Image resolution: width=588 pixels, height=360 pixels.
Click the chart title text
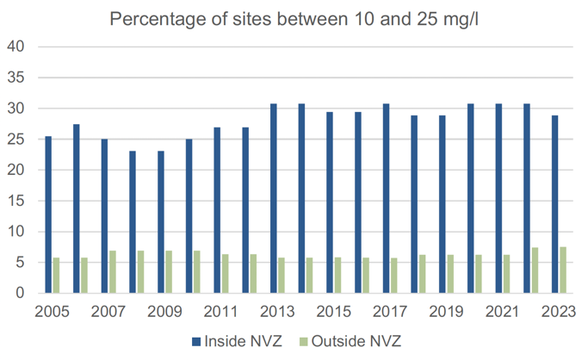293,18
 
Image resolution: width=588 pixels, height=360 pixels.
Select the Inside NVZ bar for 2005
48,214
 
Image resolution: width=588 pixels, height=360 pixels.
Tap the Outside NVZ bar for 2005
57,276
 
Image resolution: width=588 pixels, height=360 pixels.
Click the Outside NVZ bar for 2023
563,270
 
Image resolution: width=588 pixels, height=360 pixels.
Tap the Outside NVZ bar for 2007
113,272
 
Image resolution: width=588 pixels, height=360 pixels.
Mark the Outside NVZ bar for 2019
451,274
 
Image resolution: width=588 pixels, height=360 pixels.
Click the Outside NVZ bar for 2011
226,274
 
